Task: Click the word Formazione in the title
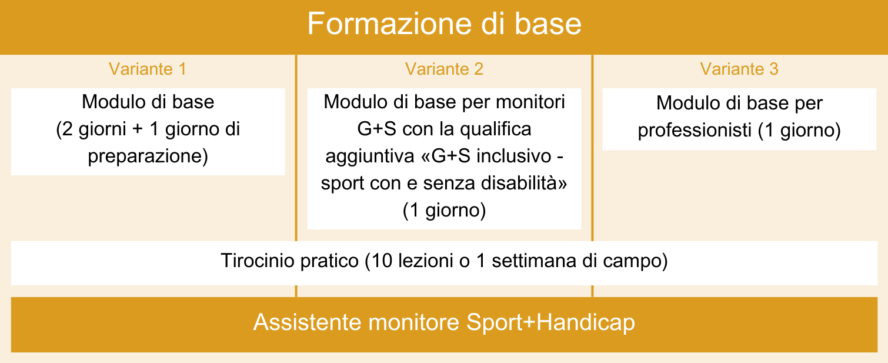(x=390, y=24)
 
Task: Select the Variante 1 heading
(x=148, y=69)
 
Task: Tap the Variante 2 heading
(x=444, y=69)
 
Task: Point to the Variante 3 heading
(x=739, y=69)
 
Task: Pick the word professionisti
(x=695, y=130)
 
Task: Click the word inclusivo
(x=514, y=156)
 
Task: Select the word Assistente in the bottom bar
(x=307, y=322)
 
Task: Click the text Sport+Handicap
(x=550, y=323)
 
